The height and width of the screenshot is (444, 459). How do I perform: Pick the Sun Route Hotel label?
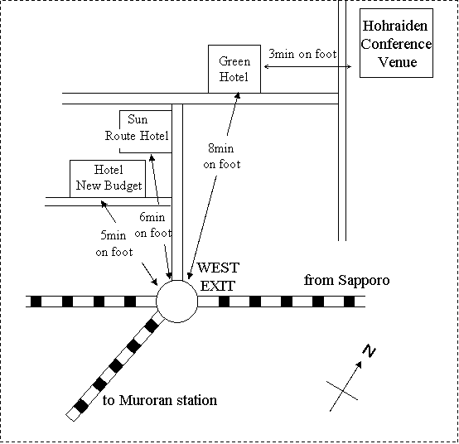[x=137, y=128]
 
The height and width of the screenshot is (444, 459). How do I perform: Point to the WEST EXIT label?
[x=219, y=277]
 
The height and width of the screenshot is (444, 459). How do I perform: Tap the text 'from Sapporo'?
[x=347, y=280]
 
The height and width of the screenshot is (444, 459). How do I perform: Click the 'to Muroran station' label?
[x=160, y=400]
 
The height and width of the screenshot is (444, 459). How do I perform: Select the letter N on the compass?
[x=370, y=350]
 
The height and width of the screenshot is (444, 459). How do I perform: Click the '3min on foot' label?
[x=302, y=54]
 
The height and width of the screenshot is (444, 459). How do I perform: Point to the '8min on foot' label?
[x=221, y=156]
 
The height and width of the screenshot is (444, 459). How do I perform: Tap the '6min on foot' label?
[x=152, y=225]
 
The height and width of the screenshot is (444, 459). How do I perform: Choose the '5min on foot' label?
[x=114, y=244]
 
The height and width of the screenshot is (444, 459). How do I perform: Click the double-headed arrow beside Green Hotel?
[x=307, y=67]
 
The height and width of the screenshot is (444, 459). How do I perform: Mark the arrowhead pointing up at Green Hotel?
[x=238, y=96]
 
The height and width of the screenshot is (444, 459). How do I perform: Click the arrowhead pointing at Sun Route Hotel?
[x=152, y=158]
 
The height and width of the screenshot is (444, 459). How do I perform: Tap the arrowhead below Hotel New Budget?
[x=104, y=204]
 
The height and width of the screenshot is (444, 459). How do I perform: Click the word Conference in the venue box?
[x=396, y=44]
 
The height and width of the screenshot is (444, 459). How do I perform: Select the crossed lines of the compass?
[x=342, y=391]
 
